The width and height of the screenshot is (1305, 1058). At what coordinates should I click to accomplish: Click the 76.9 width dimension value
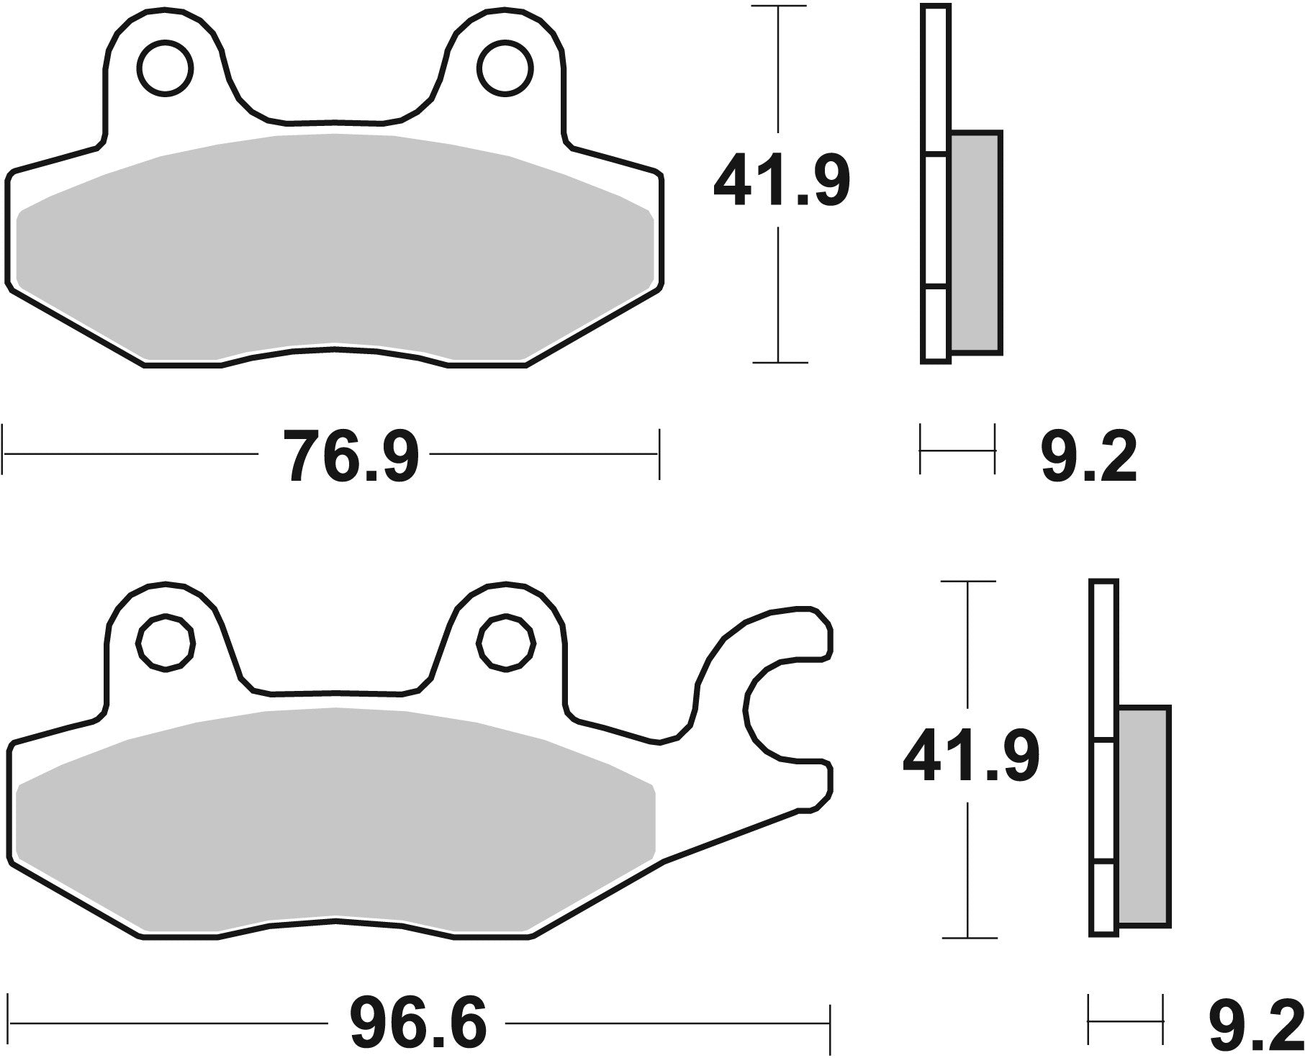[x=351, y=454]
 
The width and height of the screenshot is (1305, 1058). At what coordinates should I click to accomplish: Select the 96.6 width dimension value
[x=418, y=1023]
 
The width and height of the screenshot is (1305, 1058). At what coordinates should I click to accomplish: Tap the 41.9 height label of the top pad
[x=781, y=180]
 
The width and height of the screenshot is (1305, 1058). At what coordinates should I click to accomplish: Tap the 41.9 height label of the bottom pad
[x=970, y=756]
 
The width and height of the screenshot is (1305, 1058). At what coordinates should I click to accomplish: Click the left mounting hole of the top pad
[x=166, y=69]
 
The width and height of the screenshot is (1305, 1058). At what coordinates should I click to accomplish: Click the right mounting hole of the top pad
[x=507, y=69]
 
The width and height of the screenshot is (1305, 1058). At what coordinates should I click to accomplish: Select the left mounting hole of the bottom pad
[x=166, y=643]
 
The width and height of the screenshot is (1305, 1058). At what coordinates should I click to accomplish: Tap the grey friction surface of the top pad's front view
[x=335, y=245]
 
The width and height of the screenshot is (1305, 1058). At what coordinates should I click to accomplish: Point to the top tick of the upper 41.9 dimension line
[x=780, y=6]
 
